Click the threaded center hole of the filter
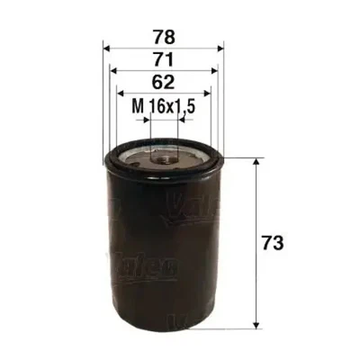[x=165, y=158]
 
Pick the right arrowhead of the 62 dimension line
[x=209, y=92]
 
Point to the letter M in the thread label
[x=137, y=106]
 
